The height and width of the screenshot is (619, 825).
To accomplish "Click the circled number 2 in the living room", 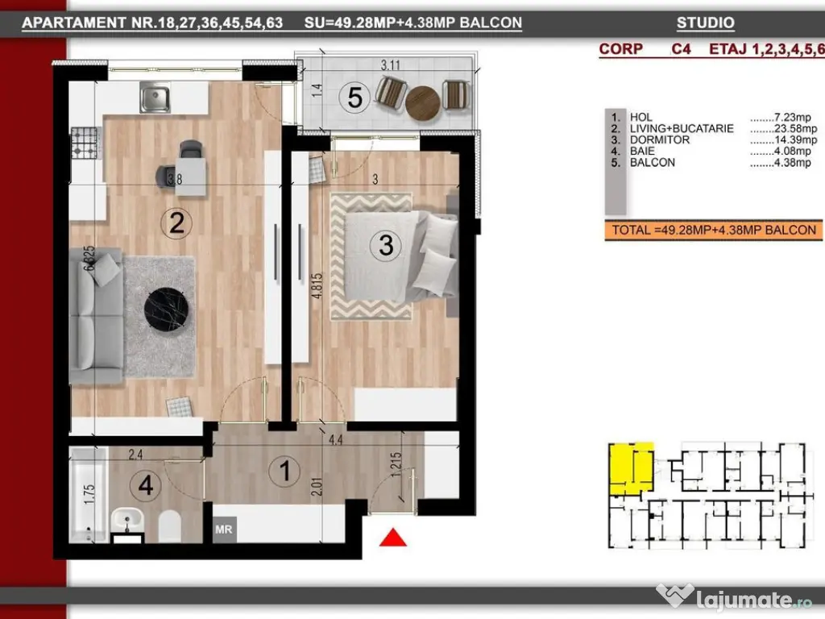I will pyautogui.click(x=176, y=222).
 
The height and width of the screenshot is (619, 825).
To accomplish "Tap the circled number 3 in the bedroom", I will pyautogui.click(x=386, y=244).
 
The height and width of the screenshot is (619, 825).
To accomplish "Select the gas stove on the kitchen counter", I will pyautogui.click(x=83, y=143).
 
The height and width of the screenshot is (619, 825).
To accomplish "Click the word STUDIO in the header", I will pyautogui.click(x=705, y=23).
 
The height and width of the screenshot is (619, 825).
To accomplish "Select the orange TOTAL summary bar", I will pyautogui.click(x=714, y=230).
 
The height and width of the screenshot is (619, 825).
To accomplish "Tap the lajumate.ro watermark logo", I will pyautogui.click(x=729, y=596).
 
